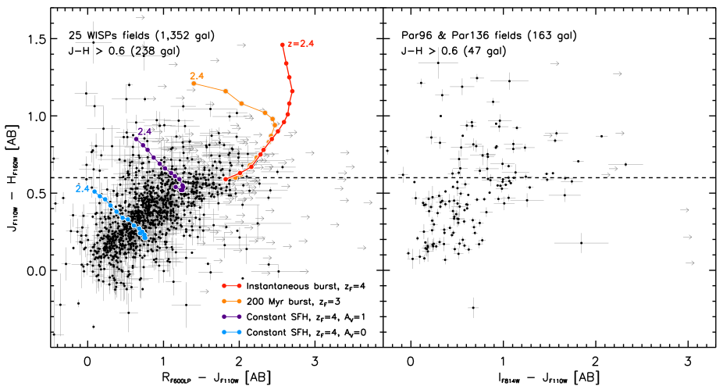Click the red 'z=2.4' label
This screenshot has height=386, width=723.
[x=301, y=44]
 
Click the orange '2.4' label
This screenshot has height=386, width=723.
[x=197, y=76]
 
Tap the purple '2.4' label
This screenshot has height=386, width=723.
[x=144, y=131]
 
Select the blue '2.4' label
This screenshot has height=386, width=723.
[x=82, y=188]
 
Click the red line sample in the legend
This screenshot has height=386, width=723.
[x=231, y=286]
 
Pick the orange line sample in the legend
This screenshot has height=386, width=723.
[x=231, y=301]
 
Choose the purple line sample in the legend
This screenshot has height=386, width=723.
[x=231, y=316]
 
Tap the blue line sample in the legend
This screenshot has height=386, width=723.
[x=231, y=332]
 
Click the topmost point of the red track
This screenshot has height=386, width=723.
[x=283, y=45]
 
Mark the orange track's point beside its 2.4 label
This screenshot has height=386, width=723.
[x=194, y=84]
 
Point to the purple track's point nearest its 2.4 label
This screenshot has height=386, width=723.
[x=137, y=139]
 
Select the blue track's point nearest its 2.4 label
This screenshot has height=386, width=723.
[x=94, y=191]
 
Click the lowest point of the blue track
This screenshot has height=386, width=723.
[x=145, y=238]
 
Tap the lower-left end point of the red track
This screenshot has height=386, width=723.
[x=225, y=180]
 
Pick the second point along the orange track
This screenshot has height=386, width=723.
[x=226, y=91]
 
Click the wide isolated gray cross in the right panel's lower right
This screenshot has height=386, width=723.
[x=582, y=242]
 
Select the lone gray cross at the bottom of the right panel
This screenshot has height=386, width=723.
[x=473, y=307]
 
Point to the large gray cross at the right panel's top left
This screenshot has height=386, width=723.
[x=438, y=63]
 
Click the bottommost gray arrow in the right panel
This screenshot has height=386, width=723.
[x=689, y=263]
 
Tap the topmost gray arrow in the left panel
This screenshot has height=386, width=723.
[x=140, y=17]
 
